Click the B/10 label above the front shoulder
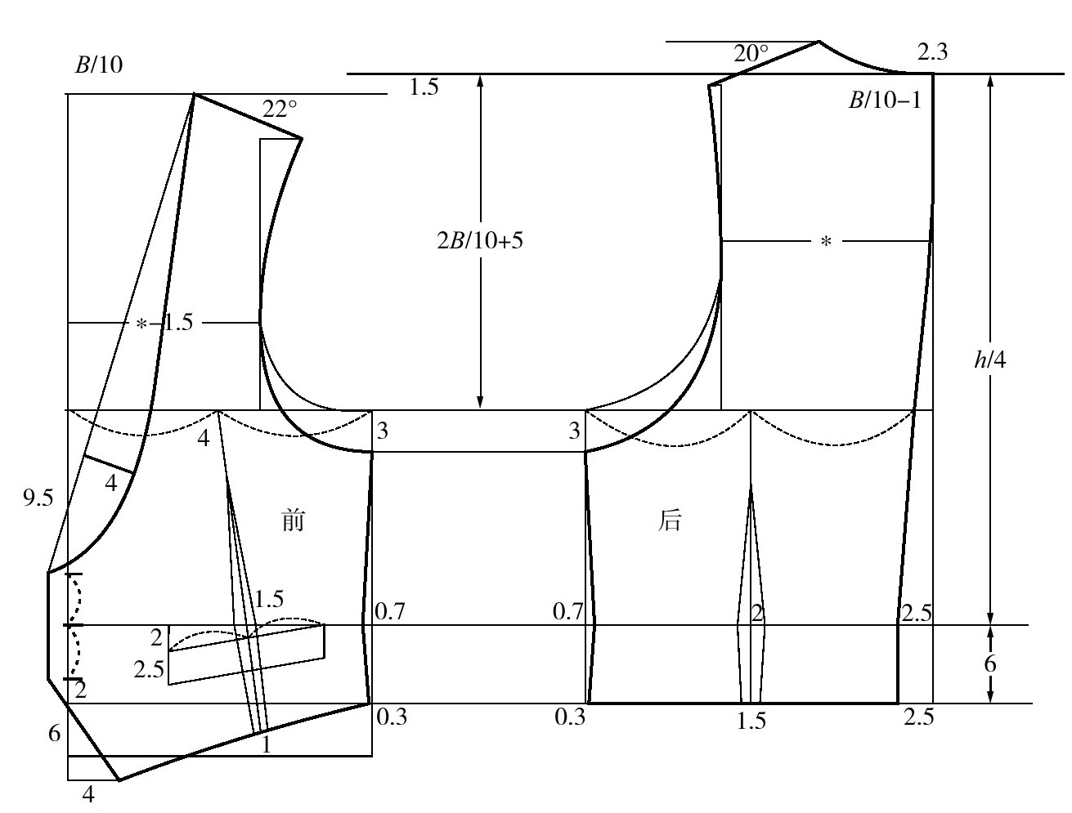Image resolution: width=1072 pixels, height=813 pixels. (x=98, y=65)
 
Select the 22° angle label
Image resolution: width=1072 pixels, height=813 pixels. (x=280, y=109)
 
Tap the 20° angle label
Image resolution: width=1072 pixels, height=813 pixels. (x=751, y=53)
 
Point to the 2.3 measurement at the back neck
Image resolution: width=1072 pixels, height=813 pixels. (x=932, y=51)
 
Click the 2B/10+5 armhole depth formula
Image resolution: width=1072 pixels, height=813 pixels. (x=480, y=240)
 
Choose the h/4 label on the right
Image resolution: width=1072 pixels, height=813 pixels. (x=989, y=360)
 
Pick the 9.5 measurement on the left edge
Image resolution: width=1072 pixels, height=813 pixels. (x=38, y=498)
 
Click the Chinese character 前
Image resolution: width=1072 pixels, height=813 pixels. (x=293, y=520)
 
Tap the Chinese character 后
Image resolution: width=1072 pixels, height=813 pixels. (x=669, y=520)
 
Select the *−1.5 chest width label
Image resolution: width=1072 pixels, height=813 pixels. (x=164, y=323)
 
